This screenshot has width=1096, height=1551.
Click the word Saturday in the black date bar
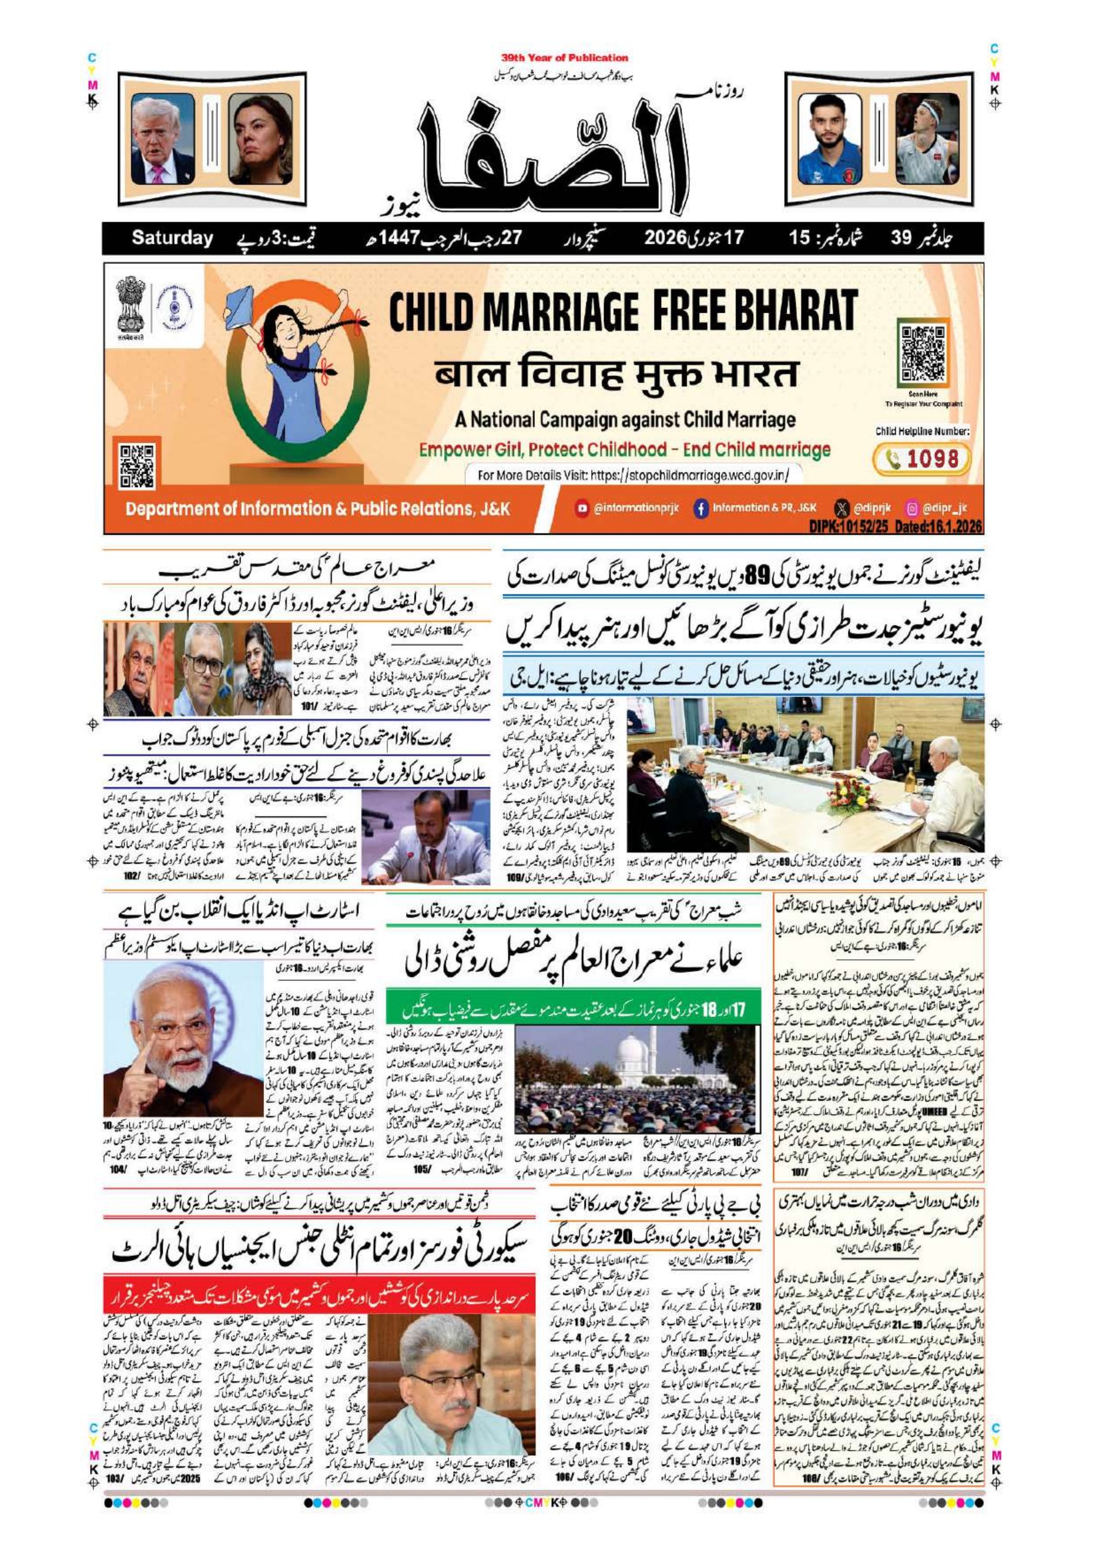[x=172, y=238]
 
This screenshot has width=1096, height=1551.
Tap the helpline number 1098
[x=932, y=459]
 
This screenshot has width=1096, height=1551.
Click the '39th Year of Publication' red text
[x=564, y=58]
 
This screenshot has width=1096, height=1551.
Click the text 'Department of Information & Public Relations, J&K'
[x=317, y=508]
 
